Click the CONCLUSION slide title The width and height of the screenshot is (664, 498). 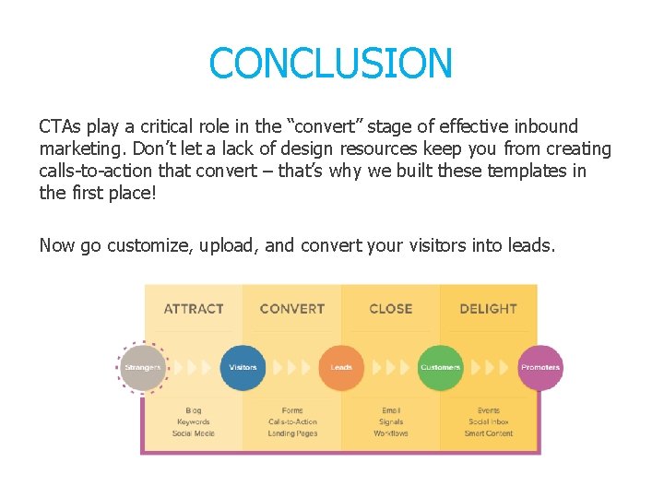click(x=331, y=64)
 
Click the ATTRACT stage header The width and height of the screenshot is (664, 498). click(x=194, y=309)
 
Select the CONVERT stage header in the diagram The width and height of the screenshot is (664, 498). click(x=292, y=309)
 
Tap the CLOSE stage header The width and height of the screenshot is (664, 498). click(x=391, y=309)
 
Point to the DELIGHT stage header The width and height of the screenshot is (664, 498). click(x=489, y=309)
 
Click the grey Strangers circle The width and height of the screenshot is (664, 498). click(x=143, y=368)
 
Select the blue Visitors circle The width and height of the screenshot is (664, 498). click(x=243, y=368)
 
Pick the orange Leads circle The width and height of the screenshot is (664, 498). click(x=341, y=368)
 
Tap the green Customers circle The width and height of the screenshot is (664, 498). click(x=440, y=368)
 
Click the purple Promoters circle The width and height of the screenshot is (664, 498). click(x=539, y=368)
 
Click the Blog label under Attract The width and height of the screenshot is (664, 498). click(x=194, y=410)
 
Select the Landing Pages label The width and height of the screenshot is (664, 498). click(x=292, y=433)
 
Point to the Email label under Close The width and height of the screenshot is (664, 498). click(x=391, y=410)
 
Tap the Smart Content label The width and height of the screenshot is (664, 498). click(x=489, y=433)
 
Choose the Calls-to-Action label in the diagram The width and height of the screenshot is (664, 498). click(x=292, y=422)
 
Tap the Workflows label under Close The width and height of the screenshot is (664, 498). click(x=391, y=433)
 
